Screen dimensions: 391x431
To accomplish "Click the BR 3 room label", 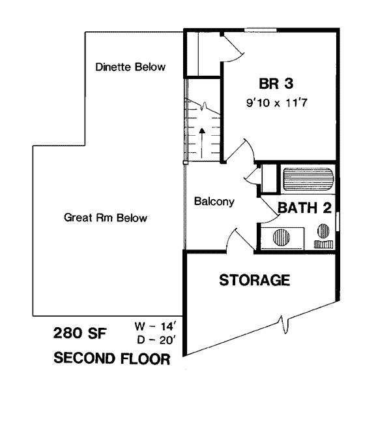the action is point(276,84).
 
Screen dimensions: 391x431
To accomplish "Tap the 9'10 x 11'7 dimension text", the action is point(276,103).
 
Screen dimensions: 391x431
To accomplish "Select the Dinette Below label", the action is point(130,67).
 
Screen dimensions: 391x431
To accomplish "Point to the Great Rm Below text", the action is point(106,217).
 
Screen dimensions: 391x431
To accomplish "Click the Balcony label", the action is point(214,202).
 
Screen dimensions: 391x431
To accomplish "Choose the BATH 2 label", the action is point(304,208).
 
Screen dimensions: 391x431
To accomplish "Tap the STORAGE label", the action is point(255,280).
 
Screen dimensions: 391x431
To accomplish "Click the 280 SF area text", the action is point(80,333).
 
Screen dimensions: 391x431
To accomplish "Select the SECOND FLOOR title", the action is point(112,359).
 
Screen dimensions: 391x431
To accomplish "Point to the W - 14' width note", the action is point(154,327).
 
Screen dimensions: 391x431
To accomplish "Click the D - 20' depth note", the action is point(156,340).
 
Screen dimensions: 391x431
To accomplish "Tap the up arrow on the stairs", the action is point(202,143).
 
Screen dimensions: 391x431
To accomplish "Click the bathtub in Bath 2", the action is point(308,179).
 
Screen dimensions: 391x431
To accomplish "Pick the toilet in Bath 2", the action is point(323,236).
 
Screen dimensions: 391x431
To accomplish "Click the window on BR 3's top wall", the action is point(261,29).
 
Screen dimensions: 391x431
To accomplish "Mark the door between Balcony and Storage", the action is point(240,240).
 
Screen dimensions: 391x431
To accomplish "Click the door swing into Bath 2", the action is point(270,210).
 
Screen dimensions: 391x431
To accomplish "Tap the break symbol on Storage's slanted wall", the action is point(283,325).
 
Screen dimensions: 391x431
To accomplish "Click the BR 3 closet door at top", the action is point(232,47).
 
